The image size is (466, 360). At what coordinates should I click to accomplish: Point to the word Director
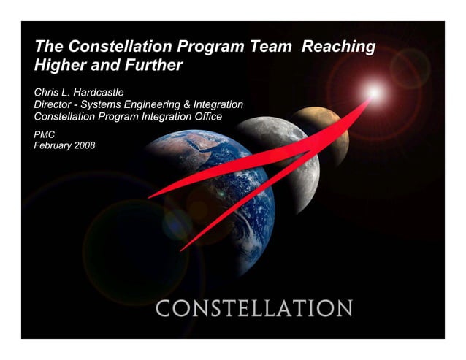pyautogui.click(x=56, y=105)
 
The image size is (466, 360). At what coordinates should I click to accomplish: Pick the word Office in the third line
pyautogui.click(x=205, y=117)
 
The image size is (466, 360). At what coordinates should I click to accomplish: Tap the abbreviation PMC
pyautogui.click(x=45, y=134)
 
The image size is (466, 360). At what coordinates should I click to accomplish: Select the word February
pyautogui.click(x=53, y=145)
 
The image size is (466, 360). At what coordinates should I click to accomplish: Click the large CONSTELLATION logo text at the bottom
pyautogui.click(x=253, y=308)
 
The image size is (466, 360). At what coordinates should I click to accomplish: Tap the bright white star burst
pyautogui.click(x=373, y=93)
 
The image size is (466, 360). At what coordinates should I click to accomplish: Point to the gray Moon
pyautogui.click(x=281, y=153)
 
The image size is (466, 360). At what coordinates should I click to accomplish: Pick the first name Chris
pyautogui.click(x=47, y=93)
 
